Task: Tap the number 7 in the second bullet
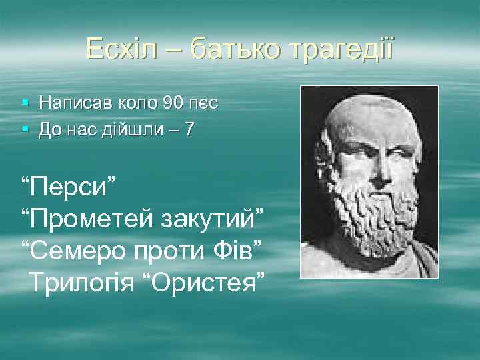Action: tap(190, 129)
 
